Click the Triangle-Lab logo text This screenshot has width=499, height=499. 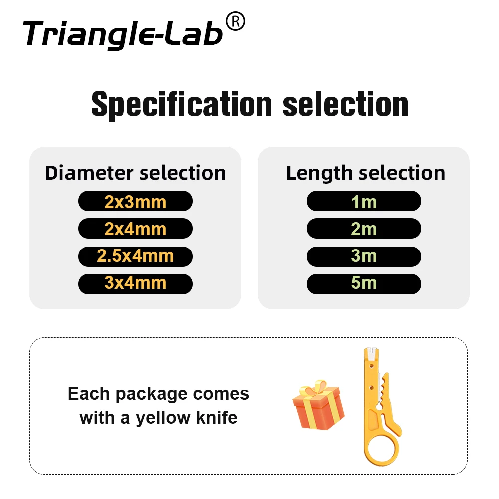click(x=122, y=34)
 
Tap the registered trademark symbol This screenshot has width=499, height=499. click(x=235, y=22)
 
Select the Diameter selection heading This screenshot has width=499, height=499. click(x=135, y=173)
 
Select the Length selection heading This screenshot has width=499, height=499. click(x=366, y=173)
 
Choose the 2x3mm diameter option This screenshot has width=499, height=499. click(x=135, y=202)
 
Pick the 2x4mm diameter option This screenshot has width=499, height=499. click(x=135, y=229)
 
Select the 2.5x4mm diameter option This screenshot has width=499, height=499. click(x=135, y=256)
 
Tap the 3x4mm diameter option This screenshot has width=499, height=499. click(x=135, y=283)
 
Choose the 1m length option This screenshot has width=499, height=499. click(x=364, y=202)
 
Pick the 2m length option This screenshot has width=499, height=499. click(x=364, y=229)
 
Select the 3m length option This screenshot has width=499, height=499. click(x=364, y=256)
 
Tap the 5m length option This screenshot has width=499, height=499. click(x=364, y=283)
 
